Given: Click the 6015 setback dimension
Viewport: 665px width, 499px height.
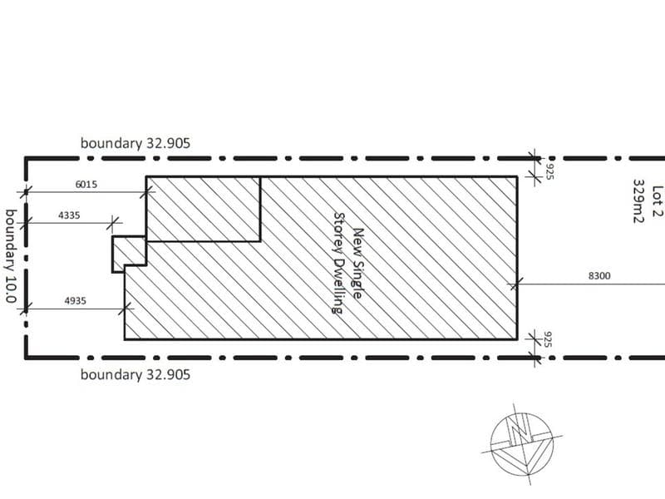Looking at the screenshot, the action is pyautogui.click(x=86, y=185).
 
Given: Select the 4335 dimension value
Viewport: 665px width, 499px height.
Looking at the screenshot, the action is pyautogui.click(x=69, y=215).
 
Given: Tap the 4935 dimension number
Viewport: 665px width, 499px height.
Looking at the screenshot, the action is pyautogui.click(x=75, y=301).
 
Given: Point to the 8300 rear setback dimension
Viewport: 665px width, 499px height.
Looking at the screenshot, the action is pyautogui.click(x=599, y=276).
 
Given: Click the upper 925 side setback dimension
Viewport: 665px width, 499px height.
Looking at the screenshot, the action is pyautogui.click(x=549, y=171).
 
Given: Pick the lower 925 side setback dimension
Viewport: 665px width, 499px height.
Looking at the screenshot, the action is pyautogui.click(x=547, y=339).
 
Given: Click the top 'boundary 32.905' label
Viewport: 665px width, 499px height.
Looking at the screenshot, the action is pyautogui.click(x=135, y=143).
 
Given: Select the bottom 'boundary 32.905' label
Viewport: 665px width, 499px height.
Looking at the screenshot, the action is pyautogui.click(x=135, y=375).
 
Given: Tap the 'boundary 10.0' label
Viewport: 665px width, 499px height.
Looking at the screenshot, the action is pyautogui.click(x=11, y=256).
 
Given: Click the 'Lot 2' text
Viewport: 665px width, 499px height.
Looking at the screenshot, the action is pyautogui.click(x=657, y=201).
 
